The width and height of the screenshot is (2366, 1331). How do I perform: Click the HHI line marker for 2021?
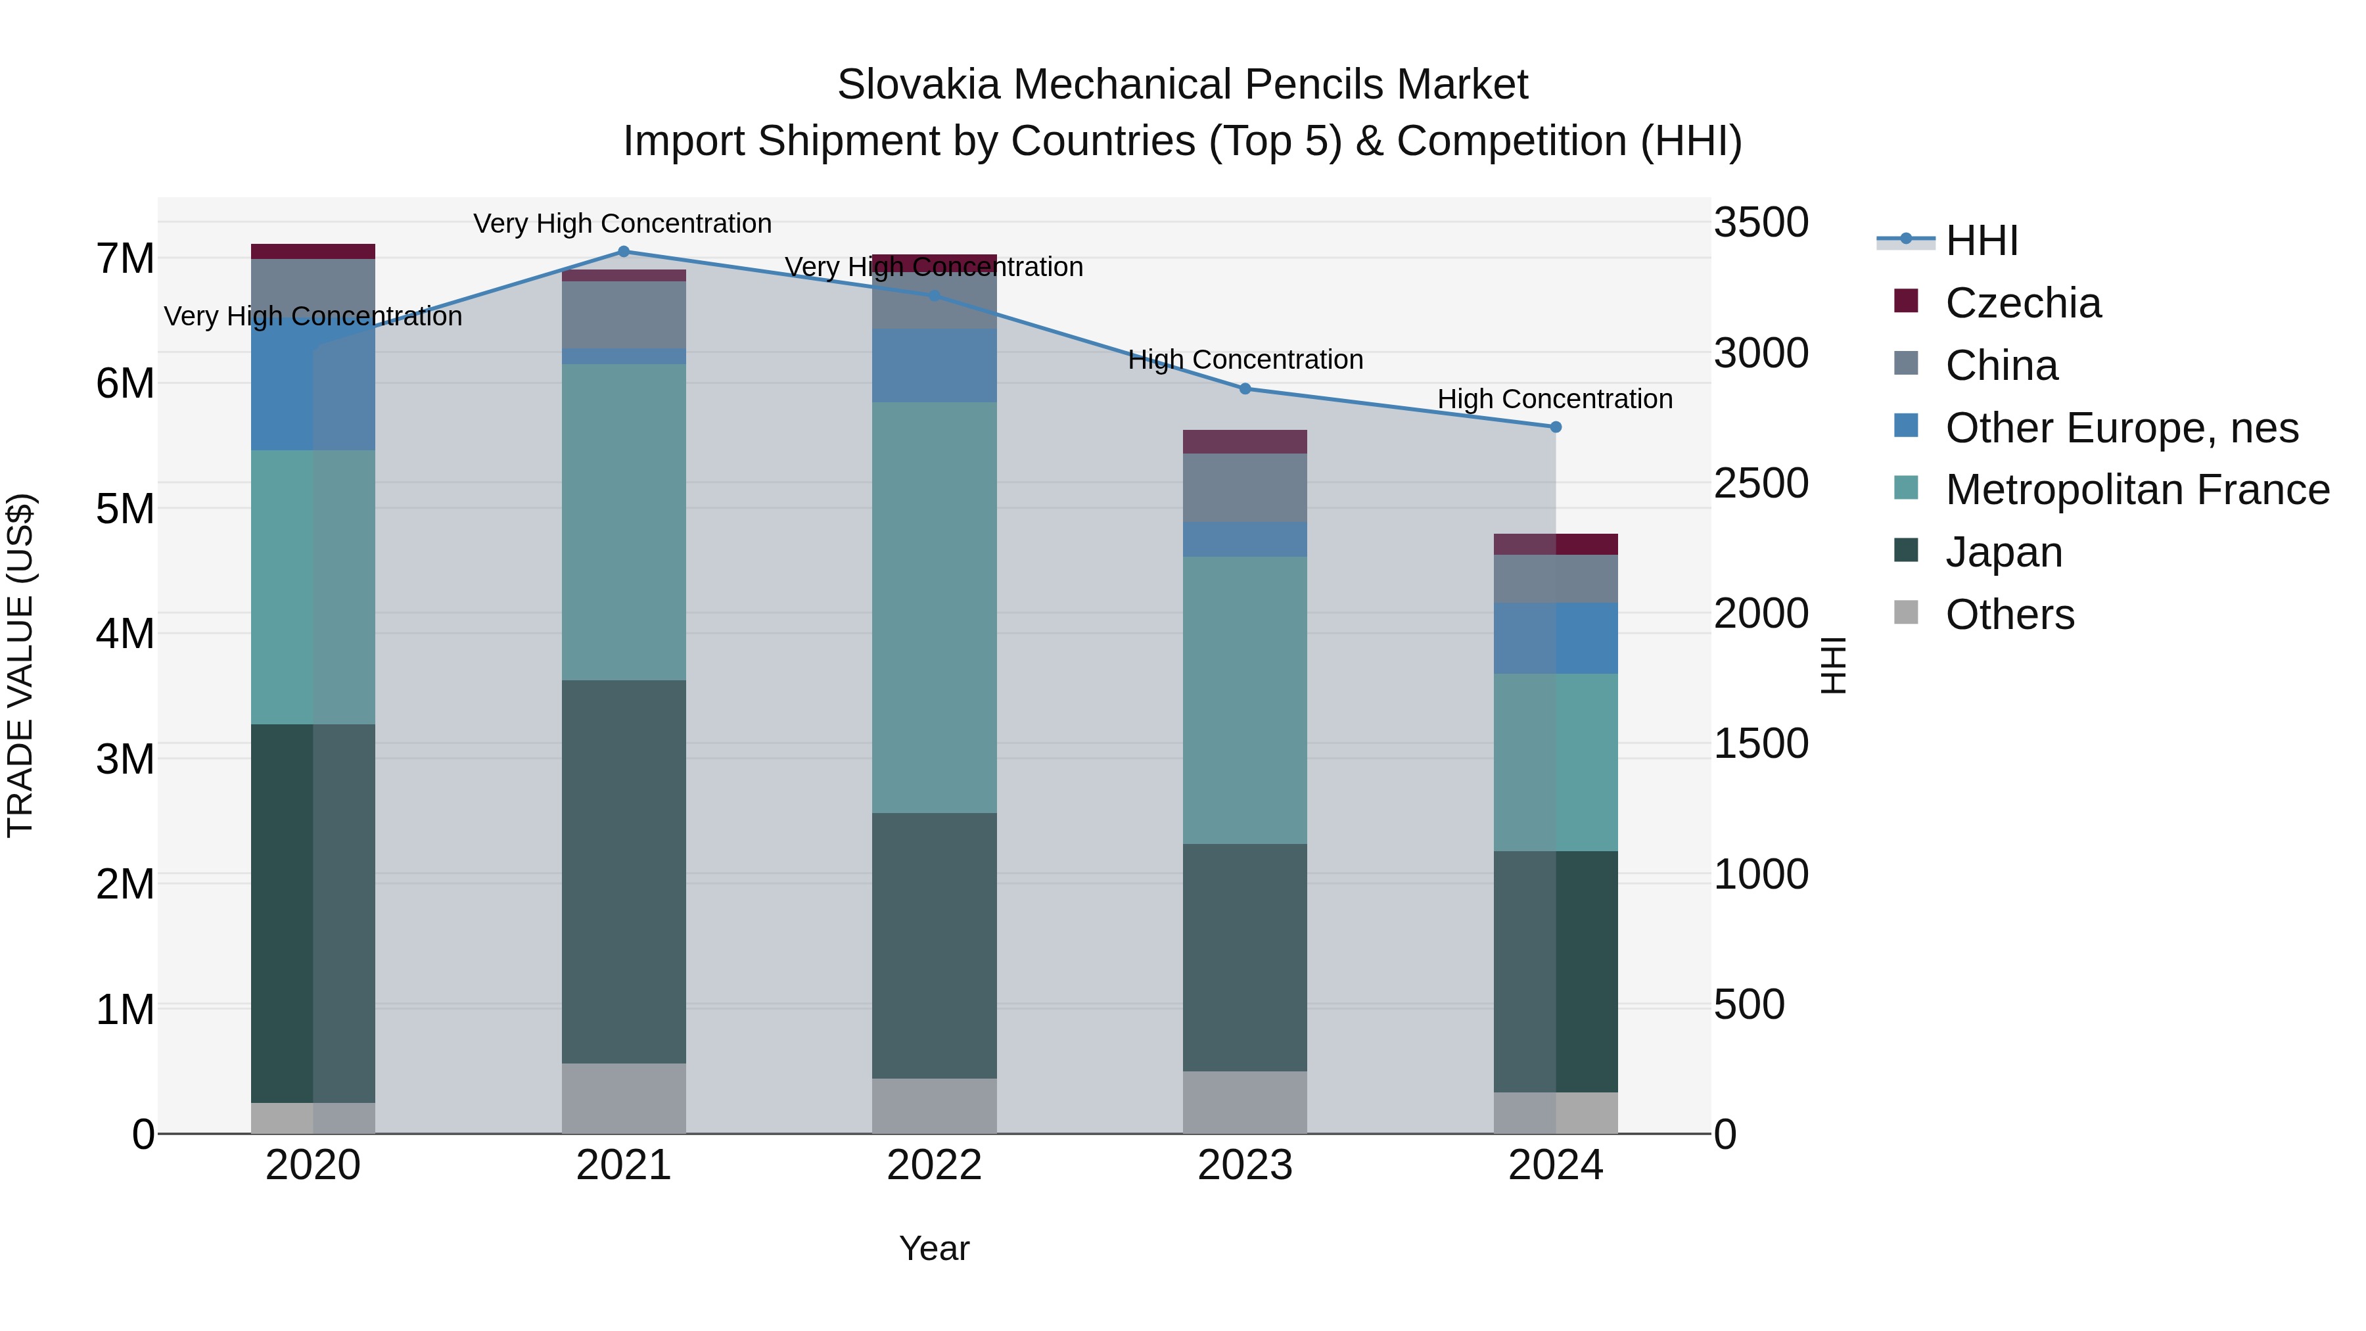pos(624,252)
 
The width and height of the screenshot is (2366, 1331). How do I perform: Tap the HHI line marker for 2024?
pos(1555,427)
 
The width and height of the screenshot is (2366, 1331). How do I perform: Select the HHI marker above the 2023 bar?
pos(1245,388)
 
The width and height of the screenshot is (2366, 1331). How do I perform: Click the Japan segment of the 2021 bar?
pos(624,873)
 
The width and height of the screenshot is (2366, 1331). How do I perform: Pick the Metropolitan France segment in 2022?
pos(934,606)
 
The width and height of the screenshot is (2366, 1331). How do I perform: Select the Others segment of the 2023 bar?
pos(1245,1102)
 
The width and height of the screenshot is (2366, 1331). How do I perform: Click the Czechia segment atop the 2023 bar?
pos(1245,442)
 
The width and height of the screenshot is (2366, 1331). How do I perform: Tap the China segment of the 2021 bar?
pos(624,315)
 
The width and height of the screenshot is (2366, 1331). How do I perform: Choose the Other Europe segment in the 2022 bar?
pos(934,365)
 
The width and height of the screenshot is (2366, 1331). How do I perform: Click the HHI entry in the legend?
pos(1981,241)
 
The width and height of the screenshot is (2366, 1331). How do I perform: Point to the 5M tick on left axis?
pos(125,508)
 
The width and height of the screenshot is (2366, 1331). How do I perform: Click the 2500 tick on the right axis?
pos(1761,483)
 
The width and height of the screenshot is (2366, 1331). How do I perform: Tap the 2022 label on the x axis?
pos(934,1165)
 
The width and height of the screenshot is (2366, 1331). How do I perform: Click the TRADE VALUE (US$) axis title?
pos(20,665)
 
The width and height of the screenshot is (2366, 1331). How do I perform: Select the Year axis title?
pos(934,1248)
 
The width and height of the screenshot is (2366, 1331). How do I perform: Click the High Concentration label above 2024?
pos(1554,399)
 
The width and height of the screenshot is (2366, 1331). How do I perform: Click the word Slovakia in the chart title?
pos(917,85)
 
